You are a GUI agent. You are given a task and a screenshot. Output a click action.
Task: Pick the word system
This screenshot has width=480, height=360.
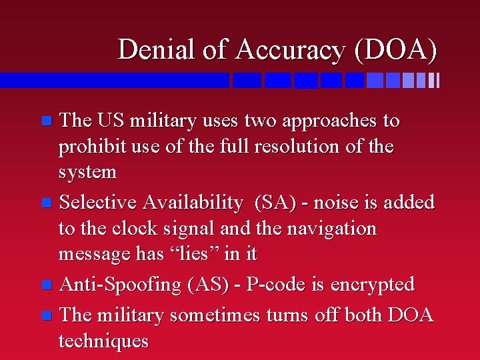tap(87, 172)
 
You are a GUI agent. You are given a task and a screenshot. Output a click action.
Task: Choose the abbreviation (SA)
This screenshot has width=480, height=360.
tap(273, 202)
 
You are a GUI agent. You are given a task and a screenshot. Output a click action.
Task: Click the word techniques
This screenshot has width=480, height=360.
tap(103, 341)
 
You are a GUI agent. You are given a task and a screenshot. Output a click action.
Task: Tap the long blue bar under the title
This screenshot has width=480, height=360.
tap(114, 81)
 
